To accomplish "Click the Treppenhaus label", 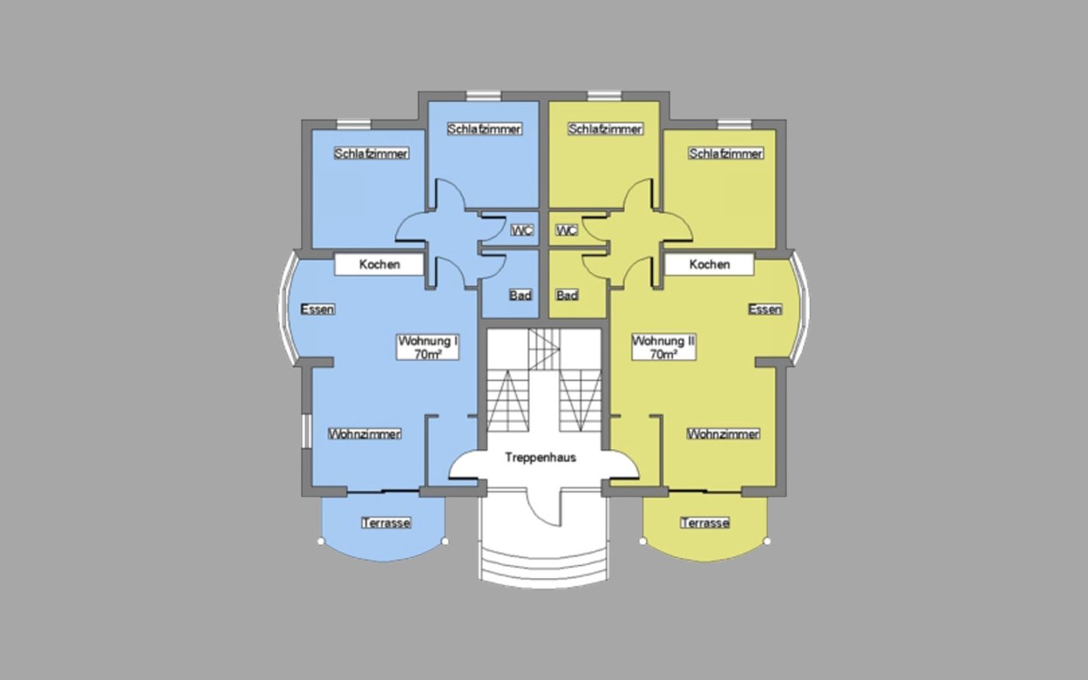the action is tap(541, 458).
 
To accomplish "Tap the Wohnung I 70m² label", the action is tap(428, 348).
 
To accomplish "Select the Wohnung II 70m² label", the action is tap(664, 348).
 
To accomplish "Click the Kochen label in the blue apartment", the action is tap(379, 264).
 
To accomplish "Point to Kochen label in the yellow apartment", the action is tap(709, 264).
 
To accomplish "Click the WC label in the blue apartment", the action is tap(522, 230).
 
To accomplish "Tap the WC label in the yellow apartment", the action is tap(567, 230).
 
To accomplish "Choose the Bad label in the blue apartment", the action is tap(521, 295).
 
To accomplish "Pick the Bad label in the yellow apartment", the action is tap(567, 295).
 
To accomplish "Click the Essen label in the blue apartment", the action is tap(317, 310).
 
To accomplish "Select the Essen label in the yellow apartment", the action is tap(765, 310).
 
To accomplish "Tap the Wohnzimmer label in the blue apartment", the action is tap(365, 434).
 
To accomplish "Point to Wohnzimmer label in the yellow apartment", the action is tap(723, 434).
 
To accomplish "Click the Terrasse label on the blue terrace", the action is tap(386, 523).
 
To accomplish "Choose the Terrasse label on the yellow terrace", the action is tap(705, 523).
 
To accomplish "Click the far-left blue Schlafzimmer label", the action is tap(372, 154).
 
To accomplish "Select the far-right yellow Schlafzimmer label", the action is tap(725, 154).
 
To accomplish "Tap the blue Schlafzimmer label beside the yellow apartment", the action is tap(485, 129).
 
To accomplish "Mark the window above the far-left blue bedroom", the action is tap(354, 125).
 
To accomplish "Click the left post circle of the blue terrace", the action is tap(320, 541).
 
